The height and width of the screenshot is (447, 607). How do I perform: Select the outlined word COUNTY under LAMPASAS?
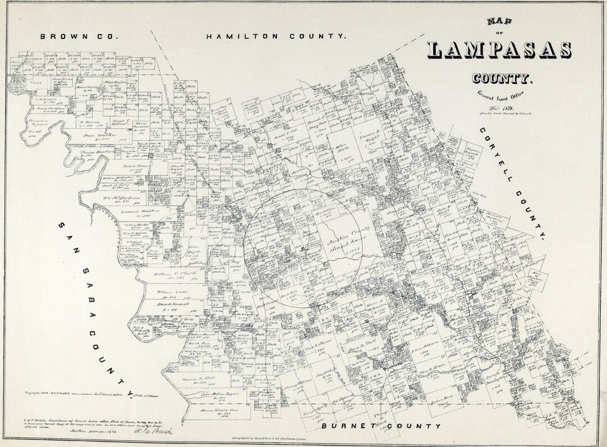tap(502, 78)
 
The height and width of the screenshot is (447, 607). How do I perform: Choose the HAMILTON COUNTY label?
tap(275, 36)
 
